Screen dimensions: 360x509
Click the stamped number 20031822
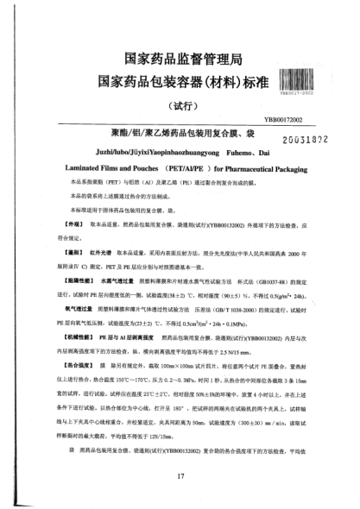(298, 138)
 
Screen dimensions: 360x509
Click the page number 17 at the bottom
(180, 476)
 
